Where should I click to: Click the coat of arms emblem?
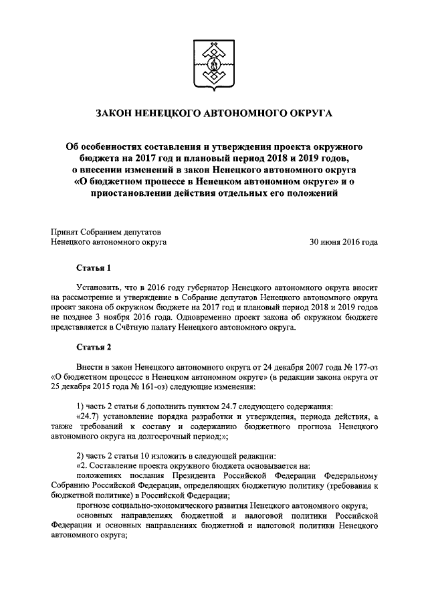coord(213,64)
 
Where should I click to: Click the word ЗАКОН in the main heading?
coord(116,114)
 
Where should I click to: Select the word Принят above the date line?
coord(66,231)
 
